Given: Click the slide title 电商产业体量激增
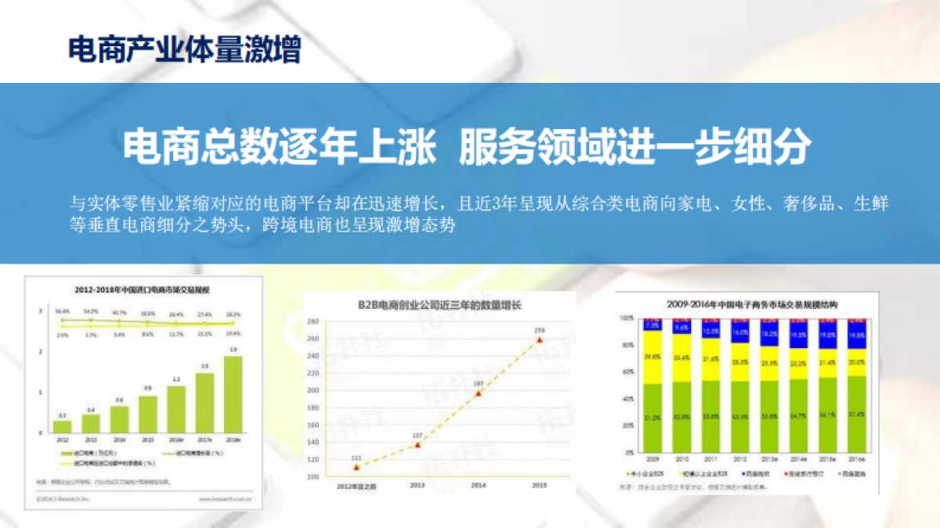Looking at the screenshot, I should point(185,52).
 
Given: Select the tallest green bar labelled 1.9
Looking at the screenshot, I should point(233,393).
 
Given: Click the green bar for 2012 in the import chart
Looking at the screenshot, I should point(63,426).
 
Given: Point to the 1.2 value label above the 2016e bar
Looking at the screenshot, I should point(176,379).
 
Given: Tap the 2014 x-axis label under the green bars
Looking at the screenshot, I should point(120,440).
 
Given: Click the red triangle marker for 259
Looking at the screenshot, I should point(539,339).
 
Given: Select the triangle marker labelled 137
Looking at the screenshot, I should point(418,444).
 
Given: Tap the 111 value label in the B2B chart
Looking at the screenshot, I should point(356,457).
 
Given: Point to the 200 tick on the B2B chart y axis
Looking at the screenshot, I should point(313,390).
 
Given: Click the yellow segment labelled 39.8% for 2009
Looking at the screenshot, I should point(652,357).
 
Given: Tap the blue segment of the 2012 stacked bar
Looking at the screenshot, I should point(739,332).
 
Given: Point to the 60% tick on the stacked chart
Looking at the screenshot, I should point(627,372).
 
